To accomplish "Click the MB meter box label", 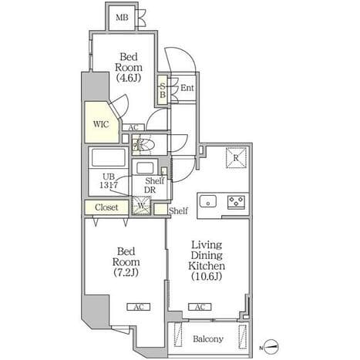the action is pos(122,18).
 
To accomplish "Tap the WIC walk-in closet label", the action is pos(101,124).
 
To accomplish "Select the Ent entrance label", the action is pos(187,88).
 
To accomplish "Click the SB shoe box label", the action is pos(163,90).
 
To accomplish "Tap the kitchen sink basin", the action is pos(208,200).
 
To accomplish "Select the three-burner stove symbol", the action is pos(236,201).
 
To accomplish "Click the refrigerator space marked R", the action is pos(236,158).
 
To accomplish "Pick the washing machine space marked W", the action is pos(141,205).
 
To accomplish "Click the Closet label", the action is pos(106,207).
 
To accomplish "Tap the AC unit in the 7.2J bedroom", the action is pos(139,307).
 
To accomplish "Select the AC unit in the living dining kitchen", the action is pos(200,307).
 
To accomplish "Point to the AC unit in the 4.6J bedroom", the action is pos(133,127).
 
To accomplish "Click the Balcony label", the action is pos(208,339).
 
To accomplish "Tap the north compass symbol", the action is pos(271,346).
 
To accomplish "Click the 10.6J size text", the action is pos(207,276).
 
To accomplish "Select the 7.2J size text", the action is pos(126,272).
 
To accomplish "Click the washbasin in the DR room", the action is pos(145,168).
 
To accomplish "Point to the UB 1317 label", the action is pos(109,180).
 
